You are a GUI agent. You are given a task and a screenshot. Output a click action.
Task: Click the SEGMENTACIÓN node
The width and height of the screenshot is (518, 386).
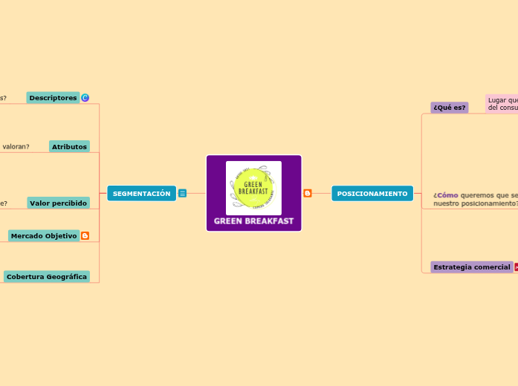141,194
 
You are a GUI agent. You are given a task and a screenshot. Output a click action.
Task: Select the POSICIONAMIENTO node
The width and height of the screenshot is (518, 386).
372,194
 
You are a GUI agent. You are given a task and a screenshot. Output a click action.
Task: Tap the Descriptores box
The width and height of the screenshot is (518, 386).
53,98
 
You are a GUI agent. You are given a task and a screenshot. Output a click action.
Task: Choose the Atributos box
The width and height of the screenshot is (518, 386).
69,147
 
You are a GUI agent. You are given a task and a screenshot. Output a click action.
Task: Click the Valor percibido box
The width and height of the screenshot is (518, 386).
58,203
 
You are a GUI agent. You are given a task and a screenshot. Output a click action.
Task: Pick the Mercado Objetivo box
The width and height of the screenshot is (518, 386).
44,236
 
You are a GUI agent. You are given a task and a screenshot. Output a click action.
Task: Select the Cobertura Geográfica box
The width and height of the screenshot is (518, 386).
47,277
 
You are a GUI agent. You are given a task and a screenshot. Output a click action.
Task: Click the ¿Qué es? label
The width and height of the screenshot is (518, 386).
449,108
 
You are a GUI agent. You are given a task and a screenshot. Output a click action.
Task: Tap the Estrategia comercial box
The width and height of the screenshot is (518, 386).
471,267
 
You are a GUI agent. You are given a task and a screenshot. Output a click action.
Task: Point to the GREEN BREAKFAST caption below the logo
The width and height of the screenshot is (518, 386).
253,221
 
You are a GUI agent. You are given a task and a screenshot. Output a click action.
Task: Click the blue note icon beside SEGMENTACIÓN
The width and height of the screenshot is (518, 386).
182,194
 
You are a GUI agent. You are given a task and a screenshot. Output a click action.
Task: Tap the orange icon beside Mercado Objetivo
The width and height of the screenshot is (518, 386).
85,236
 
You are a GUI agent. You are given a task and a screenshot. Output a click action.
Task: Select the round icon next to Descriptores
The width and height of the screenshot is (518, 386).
85,98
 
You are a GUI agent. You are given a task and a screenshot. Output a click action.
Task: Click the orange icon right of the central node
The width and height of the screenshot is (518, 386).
308,194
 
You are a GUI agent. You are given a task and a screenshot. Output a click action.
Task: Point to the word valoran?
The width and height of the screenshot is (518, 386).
16,147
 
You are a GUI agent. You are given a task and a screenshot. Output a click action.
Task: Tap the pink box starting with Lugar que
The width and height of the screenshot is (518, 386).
502,104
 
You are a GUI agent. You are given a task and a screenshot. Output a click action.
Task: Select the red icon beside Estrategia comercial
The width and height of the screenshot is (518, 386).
516,267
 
